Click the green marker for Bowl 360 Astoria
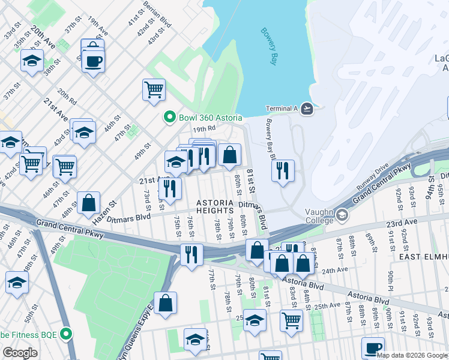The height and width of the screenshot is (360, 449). (170, 117)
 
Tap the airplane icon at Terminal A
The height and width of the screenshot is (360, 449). (307, 109)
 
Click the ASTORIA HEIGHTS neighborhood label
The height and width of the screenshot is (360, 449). (214, 207)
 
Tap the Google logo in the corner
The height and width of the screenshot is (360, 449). (20, 353)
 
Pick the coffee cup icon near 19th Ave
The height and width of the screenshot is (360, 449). (93, 60)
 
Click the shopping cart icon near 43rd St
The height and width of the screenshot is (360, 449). (154, 89)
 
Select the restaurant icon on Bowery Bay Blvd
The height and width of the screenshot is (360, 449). (283, 170)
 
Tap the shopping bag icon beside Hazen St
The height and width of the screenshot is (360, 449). (88, 203)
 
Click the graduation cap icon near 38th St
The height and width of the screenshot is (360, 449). (32, 61)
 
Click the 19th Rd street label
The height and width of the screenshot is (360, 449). (203, 128)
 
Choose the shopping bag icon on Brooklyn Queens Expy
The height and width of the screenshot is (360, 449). (165, 303)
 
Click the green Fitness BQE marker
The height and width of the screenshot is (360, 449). (68, 334)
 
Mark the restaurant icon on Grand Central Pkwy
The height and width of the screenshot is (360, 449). (191, 254)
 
